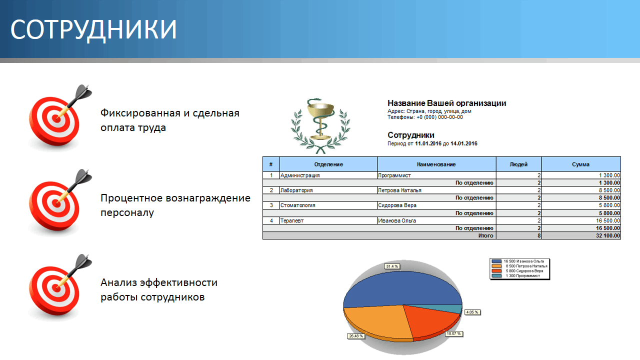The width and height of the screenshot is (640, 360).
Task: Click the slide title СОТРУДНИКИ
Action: [94, 30]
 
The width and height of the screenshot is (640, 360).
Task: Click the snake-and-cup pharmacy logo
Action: [320, 125]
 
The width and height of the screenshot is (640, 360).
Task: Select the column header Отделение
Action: [328, 164]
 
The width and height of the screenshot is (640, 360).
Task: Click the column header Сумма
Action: [580, 164]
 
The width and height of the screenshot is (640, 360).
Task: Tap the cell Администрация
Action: [300, 175]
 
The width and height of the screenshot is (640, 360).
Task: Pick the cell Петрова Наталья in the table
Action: [400, 190]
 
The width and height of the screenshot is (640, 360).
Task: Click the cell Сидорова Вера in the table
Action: [397, 205]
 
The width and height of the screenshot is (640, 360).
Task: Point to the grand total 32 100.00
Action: [605, 235]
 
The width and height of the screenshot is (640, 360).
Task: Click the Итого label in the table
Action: [485, 235]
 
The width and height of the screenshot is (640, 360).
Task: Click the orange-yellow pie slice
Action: [375, 320]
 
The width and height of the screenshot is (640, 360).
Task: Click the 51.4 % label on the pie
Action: [392, 266]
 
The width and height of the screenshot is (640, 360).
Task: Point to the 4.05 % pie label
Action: [472, 312]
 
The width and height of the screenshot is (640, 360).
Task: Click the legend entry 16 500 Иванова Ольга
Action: [520, 261]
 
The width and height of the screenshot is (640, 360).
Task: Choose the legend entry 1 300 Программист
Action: [520, 275]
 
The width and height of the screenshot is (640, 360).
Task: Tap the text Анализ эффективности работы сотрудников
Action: [159, 289]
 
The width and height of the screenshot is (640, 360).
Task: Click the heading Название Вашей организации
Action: [446, 103]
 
